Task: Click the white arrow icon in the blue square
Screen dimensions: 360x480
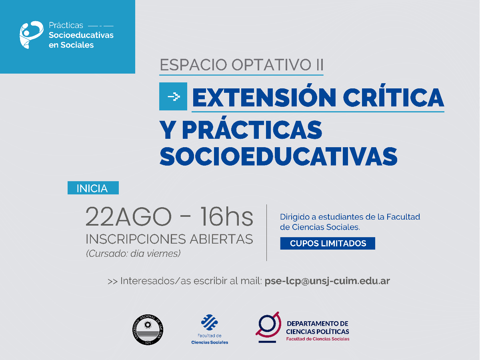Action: tap(173, 96)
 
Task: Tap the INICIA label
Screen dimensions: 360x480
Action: tap(93, 188)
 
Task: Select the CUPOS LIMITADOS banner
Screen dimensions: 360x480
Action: tap(328, 243)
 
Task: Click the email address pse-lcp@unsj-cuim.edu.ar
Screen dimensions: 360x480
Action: tap(327, 281)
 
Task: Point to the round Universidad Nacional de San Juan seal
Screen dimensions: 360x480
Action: tap(147, 330)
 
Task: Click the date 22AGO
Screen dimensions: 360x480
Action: tap(128, 217)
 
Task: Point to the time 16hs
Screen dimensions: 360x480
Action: tap(226, 217)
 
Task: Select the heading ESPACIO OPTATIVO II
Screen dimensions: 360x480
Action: tap(241, 65)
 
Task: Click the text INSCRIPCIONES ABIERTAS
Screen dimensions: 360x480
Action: tap(169, 239)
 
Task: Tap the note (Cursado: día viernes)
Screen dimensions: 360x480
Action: tap(133, 253)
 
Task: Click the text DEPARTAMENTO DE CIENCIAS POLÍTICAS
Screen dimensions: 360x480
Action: tap(318, 328)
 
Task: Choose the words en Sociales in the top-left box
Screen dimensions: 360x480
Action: tap(71, 45)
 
